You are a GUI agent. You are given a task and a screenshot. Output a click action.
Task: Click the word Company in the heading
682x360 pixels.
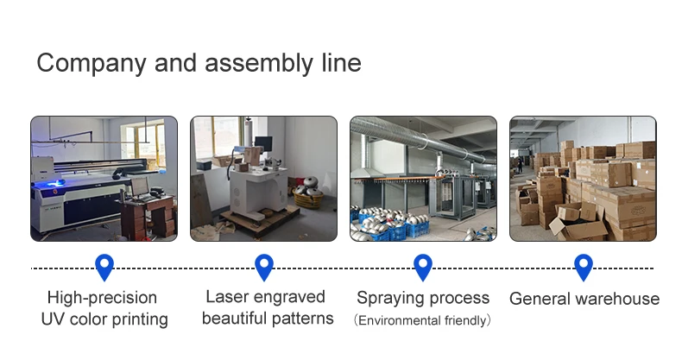click(92, 64)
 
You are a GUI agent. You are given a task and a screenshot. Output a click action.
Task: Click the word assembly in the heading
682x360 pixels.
click(259, 63)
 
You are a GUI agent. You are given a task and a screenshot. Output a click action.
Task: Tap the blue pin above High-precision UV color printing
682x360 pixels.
click(104, 267)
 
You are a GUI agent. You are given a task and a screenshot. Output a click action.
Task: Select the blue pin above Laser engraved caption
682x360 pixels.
click(264, 267)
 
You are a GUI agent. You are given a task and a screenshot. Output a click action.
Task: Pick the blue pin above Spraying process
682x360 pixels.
click(423, 267)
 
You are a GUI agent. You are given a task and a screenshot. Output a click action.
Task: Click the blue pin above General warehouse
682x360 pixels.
click(584, 267)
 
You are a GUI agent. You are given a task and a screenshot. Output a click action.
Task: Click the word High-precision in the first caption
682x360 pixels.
click(102, 298)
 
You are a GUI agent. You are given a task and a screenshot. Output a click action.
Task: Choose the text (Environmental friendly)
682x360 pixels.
click(422, 321)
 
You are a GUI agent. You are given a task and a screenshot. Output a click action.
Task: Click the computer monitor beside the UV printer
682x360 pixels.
click(140, 187)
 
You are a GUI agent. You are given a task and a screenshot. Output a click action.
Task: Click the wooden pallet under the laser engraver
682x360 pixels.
click(260, 219)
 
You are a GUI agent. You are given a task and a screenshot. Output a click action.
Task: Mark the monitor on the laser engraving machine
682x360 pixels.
click(263, 143)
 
